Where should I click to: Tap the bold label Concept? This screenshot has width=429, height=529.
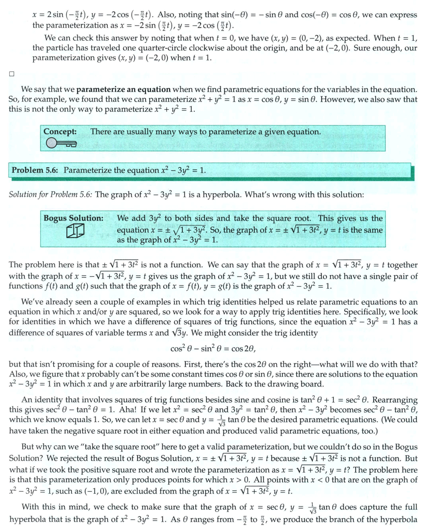[60, 132]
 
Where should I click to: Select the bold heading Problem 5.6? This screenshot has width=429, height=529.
[36, 170]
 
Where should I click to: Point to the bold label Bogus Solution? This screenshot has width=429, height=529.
[74, 219]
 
